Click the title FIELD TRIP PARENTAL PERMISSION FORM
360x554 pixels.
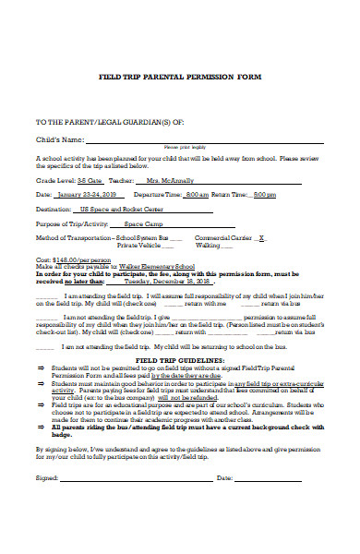(x=181, y=78)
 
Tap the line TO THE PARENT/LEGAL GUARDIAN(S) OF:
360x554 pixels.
(x=90, y=121)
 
